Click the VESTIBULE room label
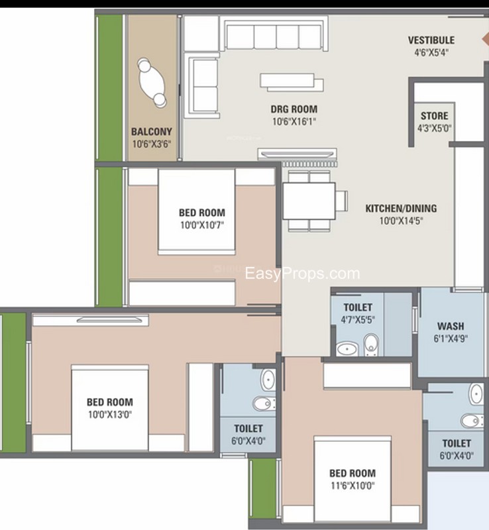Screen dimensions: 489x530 (x=431, y=40)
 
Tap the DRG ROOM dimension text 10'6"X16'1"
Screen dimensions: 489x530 (x=294, y=121)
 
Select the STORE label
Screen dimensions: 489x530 (x=435, y=116)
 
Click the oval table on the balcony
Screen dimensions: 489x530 (x=152, y=83)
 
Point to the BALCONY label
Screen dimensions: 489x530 (x=152, y=131)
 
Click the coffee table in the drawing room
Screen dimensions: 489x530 (x=292, y=82)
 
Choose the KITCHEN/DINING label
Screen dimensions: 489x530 (x=401, y=209)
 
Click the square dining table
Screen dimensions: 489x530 (x=309, y=201)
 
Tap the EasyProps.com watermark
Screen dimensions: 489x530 (x=302, y=274)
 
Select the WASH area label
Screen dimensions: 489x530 (x=451, y=326)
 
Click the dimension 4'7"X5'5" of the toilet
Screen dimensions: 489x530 (x=358, y=320)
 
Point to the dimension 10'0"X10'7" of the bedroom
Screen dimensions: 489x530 (x=202, y=225)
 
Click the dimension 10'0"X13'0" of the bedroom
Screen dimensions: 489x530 (x=110, y=415)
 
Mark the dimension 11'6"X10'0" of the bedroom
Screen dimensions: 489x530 (x=353, y=486)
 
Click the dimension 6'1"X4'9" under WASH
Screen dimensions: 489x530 (x=451, y=339)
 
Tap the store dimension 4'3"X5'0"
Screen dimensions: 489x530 (x=435, y=129)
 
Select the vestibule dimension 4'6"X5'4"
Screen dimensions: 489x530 (x=431, y=53)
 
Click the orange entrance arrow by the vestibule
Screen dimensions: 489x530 (x=486, y=40)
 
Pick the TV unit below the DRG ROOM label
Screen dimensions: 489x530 (x=298, y=154)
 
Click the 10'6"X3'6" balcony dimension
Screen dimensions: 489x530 (x=152, y=144)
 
